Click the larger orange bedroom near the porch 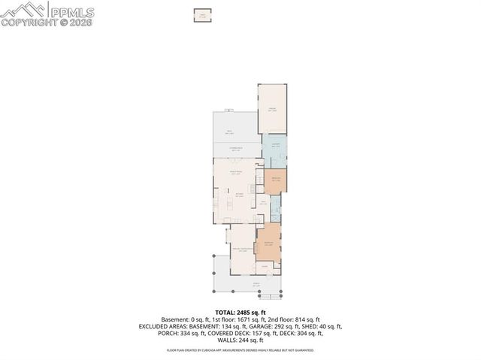point(268,242)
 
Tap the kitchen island point(240,196)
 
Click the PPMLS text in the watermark point(72,11)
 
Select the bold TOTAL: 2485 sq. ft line point(240,312)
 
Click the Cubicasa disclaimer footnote point(240,350)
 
